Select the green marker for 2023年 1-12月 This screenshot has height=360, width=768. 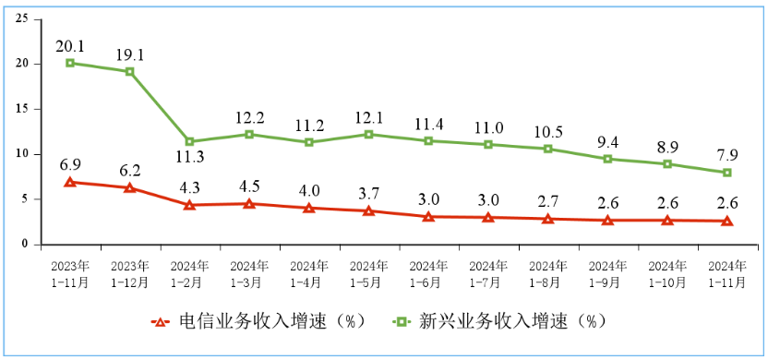(x=130, y=71)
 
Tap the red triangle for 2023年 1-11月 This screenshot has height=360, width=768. (x=70, y=182)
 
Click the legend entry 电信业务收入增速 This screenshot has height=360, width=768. (x=260, y=321)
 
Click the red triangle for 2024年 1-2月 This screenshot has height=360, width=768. (x=189, y=205)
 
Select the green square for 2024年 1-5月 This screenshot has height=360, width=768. (x=368, y=134)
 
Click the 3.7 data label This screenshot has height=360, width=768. (x=368, y=191)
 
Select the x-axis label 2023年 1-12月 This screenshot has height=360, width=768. (x=130, y=274)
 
